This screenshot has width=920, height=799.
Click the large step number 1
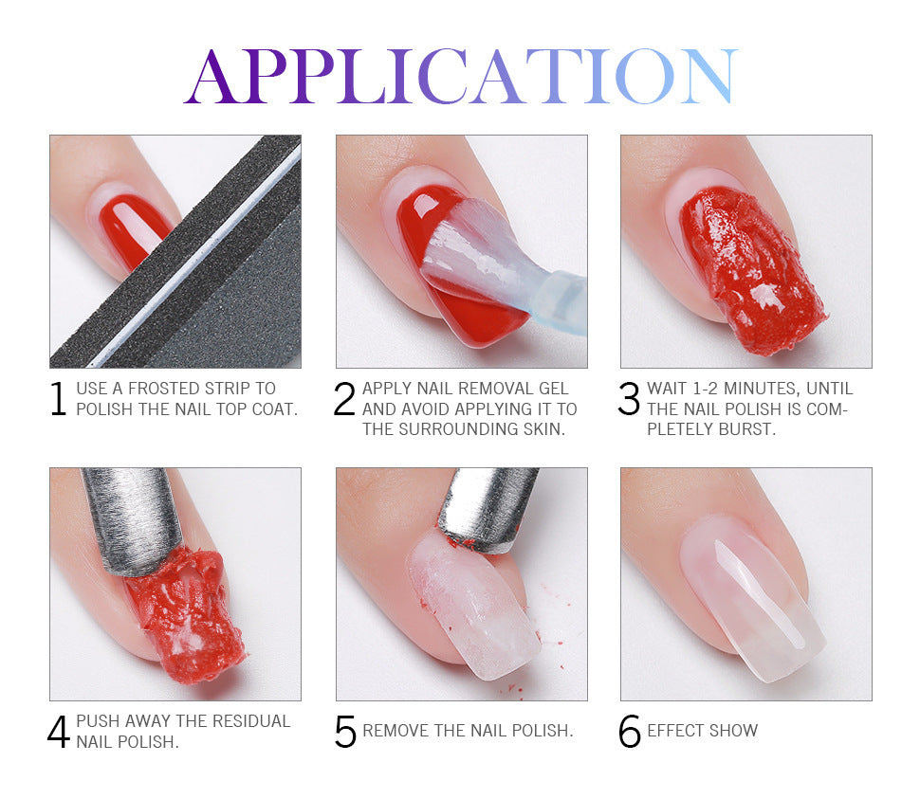58,400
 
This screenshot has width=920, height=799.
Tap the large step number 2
344,400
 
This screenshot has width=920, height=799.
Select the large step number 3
629,400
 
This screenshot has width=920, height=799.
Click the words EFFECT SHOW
703,731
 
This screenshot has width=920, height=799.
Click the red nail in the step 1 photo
132,228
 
